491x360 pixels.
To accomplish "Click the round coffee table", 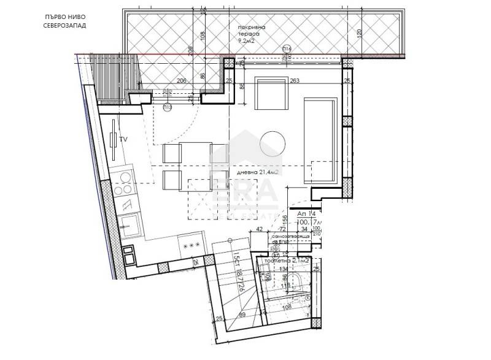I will (273, 144).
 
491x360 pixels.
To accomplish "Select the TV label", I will (123, 140).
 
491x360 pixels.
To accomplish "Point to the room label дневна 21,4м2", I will (258, 173).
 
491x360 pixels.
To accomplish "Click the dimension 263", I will (294, 80).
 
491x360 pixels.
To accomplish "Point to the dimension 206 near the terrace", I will (181, 80).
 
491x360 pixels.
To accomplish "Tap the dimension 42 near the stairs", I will (260, 228).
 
